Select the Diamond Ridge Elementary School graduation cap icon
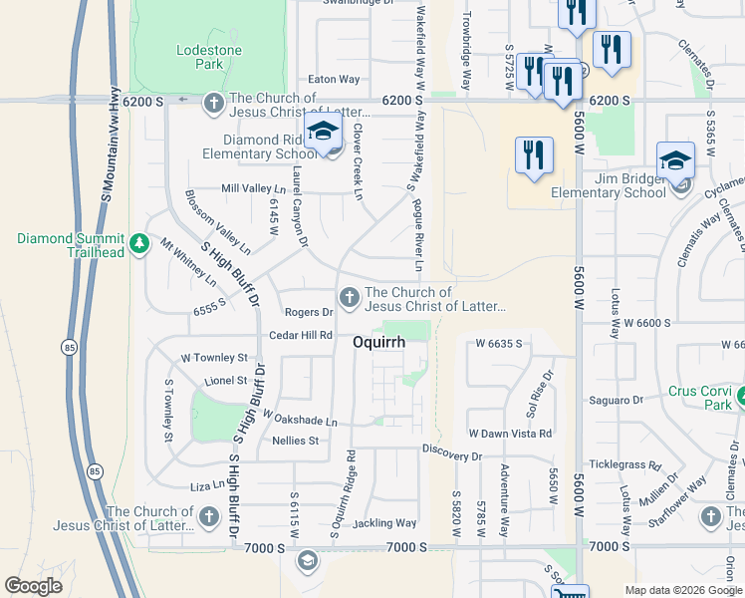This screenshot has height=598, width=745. click(x=323, y=134)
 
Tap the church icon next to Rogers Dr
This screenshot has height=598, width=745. click(x=349, y=296)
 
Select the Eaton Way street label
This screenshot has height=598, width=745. click(x=334, y=79)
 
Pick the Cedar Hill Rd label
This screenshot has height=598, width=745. click(x=301, y=335)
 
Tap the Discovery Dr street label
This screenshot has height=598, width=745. click(x=452, y=455)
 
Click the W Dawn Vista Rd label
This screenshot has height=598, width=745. click(x=510, y=434)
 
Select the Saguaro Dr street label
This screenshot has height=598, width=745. click(x=617, y=400)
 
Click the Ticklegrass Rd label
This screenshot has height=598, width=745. click(x=624, y=465)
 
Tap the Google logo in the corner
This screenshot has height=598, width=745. click(x=34, y=586)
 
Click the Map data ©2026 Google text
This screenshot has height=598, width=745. click(x=683, y=590)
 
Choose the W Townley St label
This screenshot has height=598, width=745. click(x=214, y=357)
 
